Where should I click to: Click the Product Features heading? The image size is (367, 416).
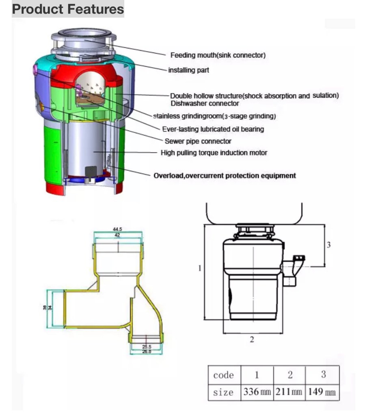coord(68,9)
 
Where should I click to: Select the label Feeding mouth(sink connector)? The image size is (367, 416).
coord(218,55)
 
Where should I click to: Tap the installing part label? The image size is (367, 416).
coord(188,70)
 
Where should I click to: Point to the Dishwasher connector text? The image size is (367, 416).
coord(204,103)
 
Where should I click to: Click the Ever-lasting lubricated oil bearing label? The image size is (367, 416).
coord(213,129)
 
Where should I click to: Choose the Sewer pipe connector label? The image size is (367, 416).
coord(198,141)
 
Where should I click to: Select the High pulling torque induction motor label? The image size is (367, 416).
coord(214,153)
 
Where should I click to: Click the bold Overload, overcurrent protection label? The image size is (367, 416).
coord(225,176)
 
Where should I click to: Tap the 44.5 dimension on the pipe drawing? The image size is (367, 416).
coord(117,229)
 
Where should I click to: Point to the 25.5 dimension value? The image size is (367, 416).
coord(147,346)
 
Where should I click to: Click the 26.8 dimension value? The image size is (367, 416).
coord(147,351)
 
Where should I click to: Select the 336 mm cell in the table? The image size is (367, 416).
coord(257,392)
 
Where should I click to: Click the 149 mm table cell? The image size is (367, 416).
coord(322,392)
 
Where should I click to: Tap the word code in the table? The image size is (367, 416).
coord(223,375)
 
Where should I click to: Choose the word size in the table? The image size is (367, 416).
coord(223,393)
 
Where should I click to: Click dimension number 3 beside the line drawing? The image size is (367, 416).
coord(329,245)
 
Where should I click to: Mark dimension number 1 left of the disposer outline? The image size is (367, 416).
coord(200,268)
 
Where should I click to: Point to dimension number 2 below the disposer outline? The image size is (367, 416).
coord(252,340)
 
